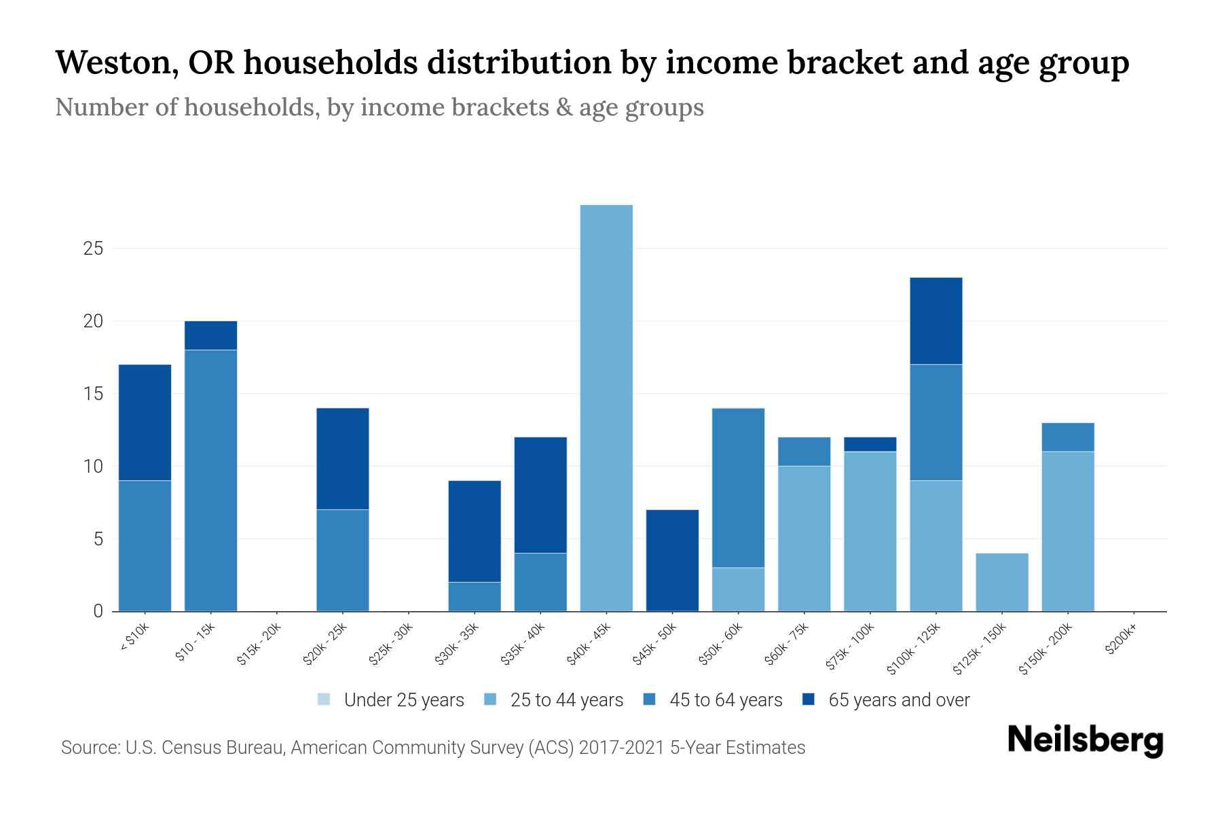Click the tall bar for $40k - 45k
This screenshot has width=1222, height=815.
click(x=606, y=407)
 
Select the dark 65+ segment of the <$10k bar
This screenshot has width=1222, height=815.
click(x=145, y=422)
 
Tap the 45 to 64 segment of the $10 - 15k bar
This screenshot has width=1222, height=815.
click(x=210, y=480)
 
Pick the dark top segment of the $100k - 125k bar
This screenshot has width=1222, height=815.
click(x=936, y=321)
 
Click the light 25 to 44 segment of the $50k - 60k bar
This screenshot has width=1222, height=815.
click(x=738, y=589)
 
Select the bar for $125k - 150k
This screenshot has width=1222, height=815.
click(x=1001, y=582)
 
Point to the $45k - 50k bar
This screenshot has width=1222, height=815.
click(x=672, y=560)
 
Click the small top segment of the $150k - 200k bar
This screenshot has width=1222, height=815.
click(x=1067, y=437)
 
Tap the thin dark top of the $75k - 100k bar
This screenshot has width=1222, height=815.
click(x=870, y=444)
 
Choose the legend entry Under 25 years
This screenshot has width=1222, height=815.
click(x=391, y=700)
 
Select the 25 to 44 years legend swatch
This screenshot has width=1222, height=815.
click(x=490, y=700)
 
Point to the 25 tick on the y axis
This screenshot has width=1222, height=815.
click(x=93, y=249)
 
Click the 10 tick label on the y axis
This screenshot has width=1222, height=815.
click(x=93, y=467)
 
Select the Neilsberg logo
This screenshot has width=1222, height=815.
click(x=1085, y=740)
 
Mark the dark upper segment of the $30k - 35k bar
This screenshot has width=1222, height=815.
click(x=475, y=531)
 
